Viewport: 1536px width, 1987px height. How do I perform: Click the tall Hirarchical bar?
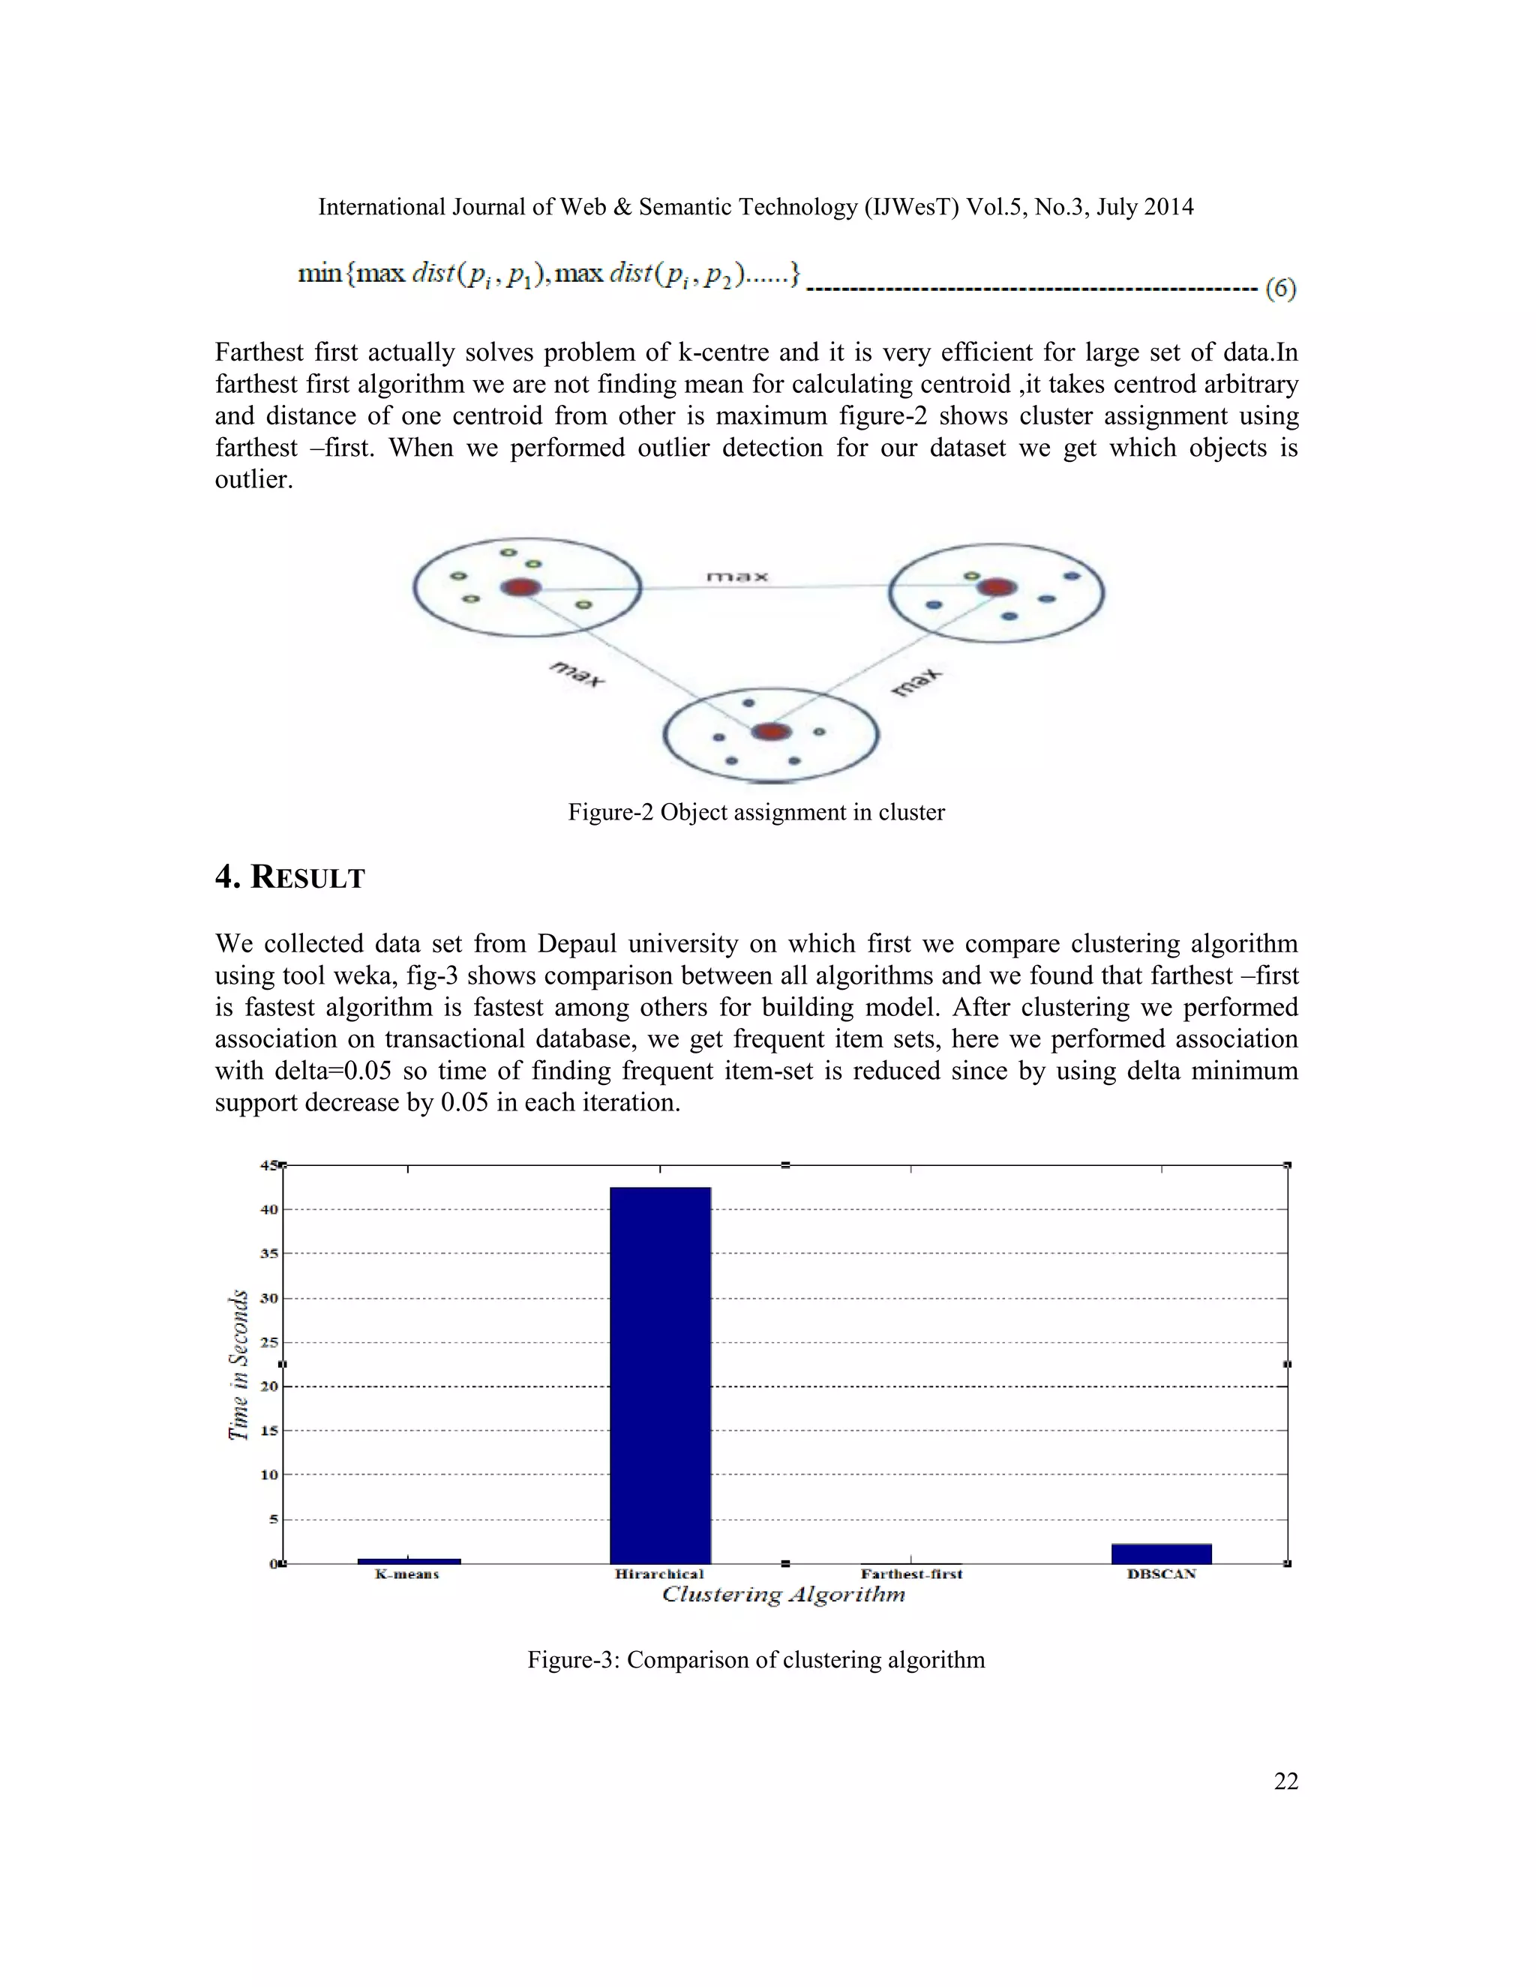coord(660,1374)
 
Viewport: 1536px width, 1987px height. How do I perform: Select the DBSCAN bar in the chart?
coord(1161,1553)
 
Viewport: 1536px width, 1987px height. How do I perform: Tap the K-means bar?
coord(409,1561)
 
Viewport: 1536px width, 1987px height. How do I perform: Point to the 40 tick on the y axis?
coord(269,1209)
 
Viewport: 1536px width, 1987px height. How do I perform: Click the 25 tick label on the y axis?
coord(269,1342)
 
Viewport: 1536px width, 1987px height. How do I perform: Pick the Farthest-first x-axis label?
coord(910,1574)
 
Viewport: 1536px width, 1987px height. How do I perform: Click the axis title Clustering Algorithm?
coord(784,1594)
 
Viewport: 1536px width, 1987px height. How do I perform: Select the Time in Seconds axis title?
coord(238,1365)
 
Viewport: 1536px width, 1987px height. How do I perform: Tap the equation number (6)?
coord(1280,289)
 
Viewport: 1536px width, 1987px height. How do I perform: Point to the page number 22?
coord(1285,1782)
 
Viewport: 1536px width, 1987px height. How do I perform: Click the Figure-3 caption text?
coord(755,1659)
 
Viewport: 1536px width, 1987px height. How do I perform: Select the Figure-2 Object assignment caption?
coord(755,811)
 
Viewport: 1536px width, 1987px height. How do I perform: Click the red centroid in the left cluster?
coord(520,588)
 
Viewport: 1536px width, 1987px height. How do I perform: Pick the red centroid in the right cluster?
coord(997,587)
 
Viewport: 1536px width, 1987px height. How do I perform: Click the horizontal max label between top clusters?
coord(737,577)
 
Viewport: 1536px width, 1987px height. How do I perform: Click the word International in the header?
coord(381,208)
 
